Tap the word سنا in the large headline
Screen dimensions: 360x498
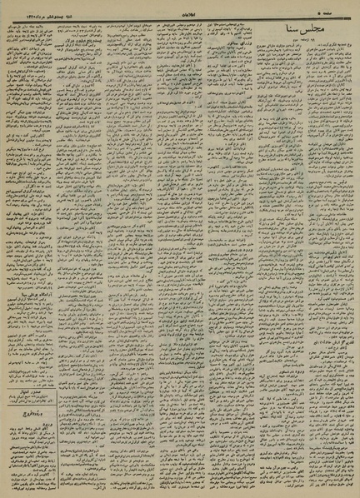pyautogui.click(x=296, y=31)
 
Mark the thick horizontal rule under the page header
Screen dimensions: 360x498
pyautogui.click(x=180, y=18)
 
